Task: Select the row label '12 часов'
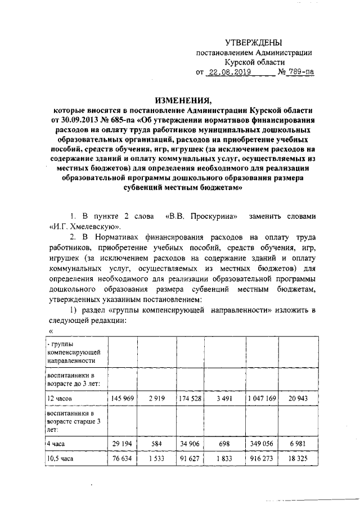(x=60, y=398)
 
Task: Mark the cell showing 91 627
(x=190, y=460)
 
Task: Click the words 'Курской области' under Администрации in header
(x=255, y=62)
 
